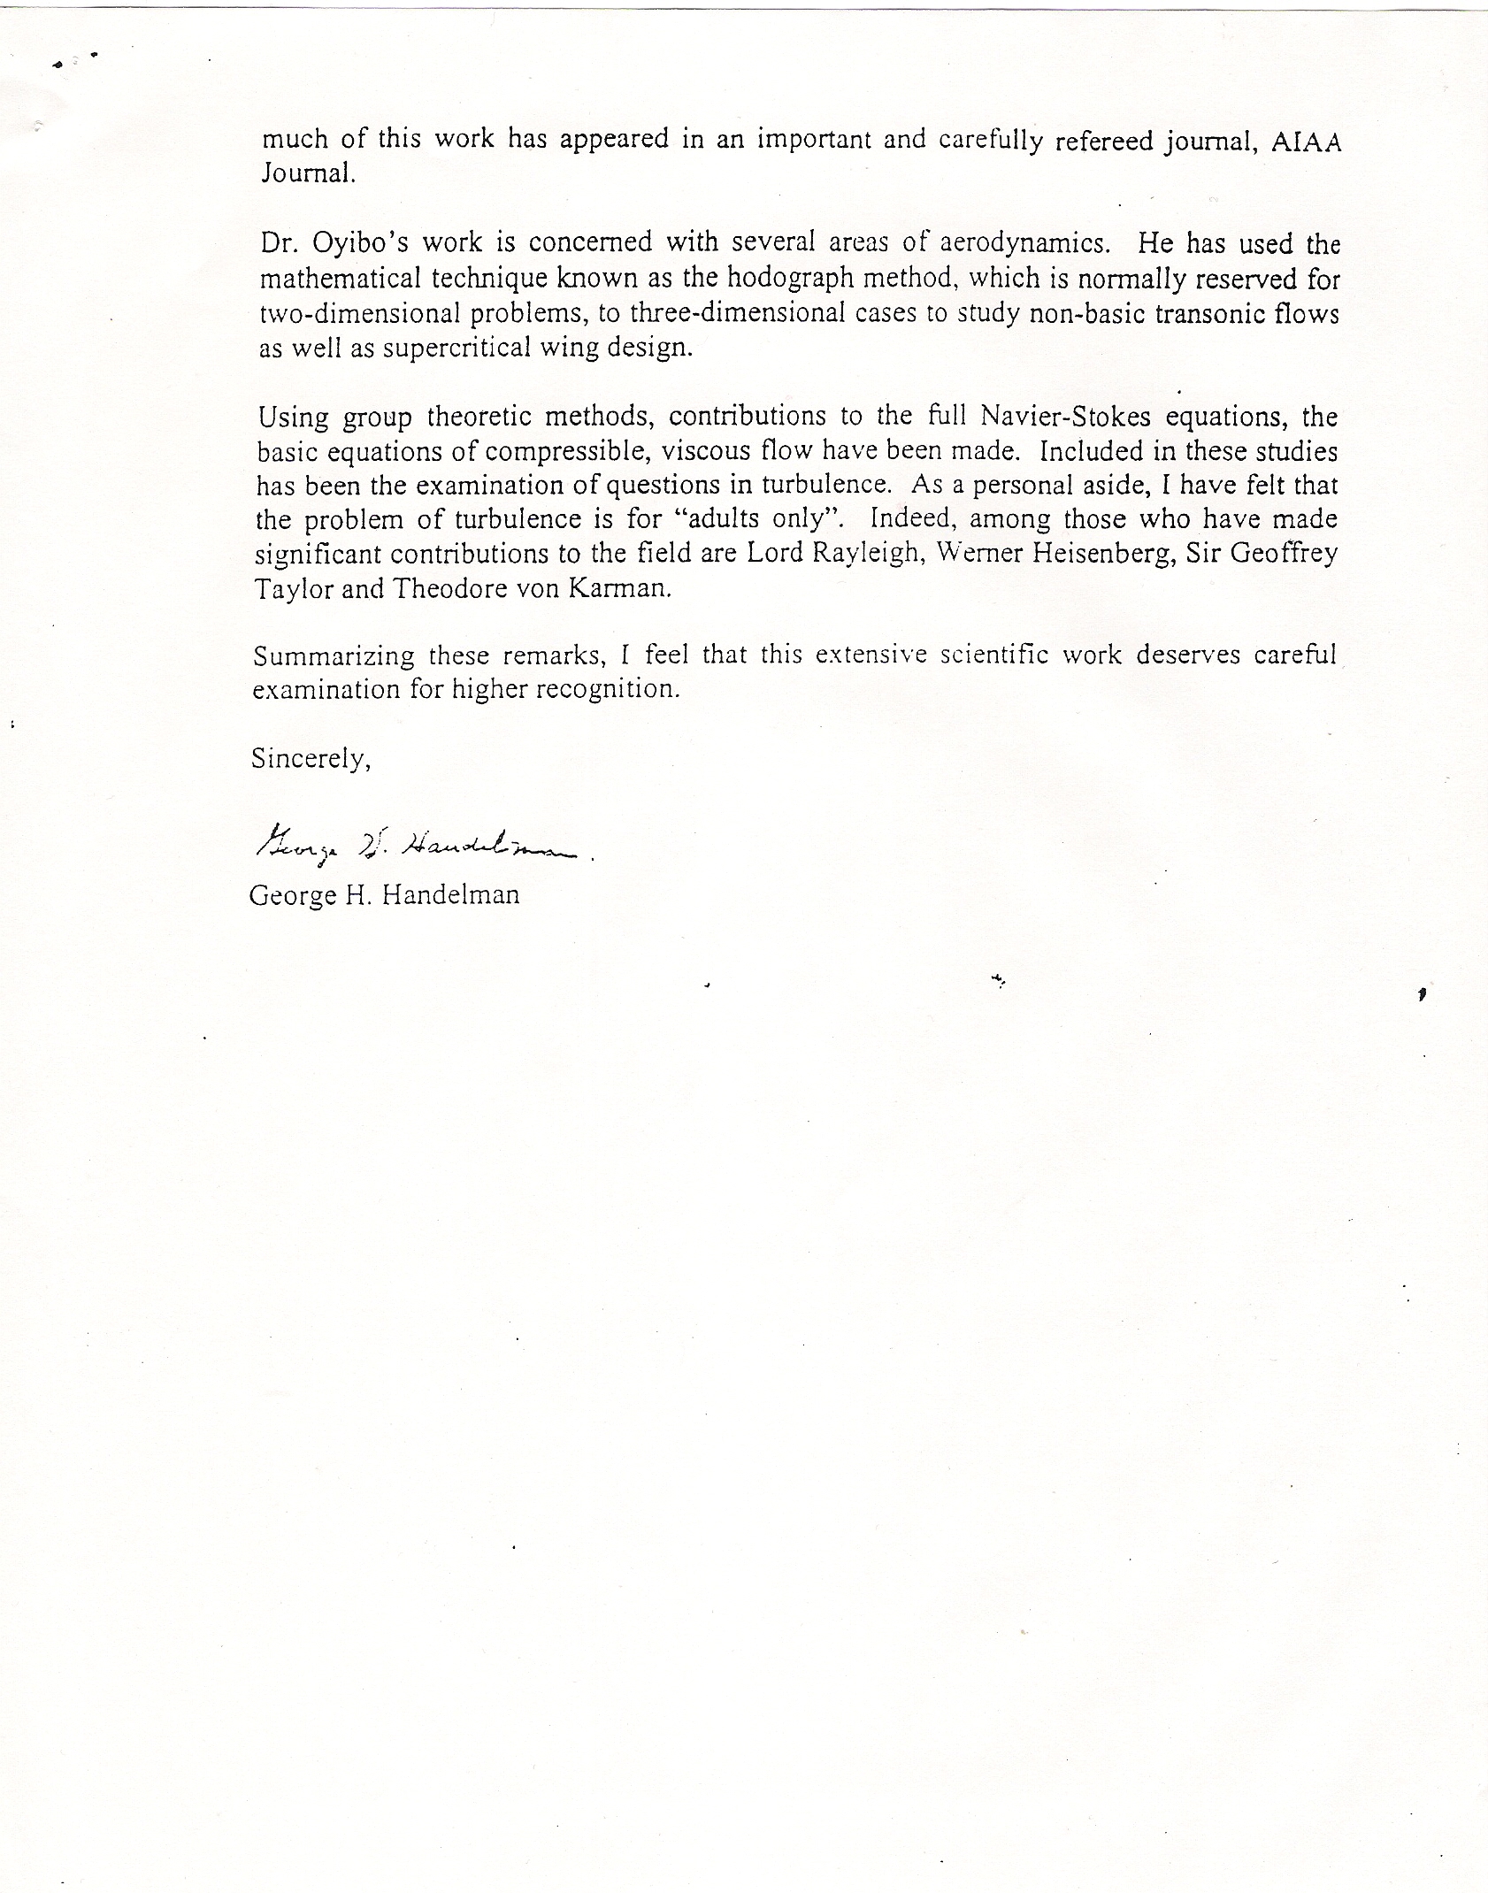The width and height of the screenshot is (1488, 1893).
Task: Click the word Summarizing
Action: click(x=334, y=656)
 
